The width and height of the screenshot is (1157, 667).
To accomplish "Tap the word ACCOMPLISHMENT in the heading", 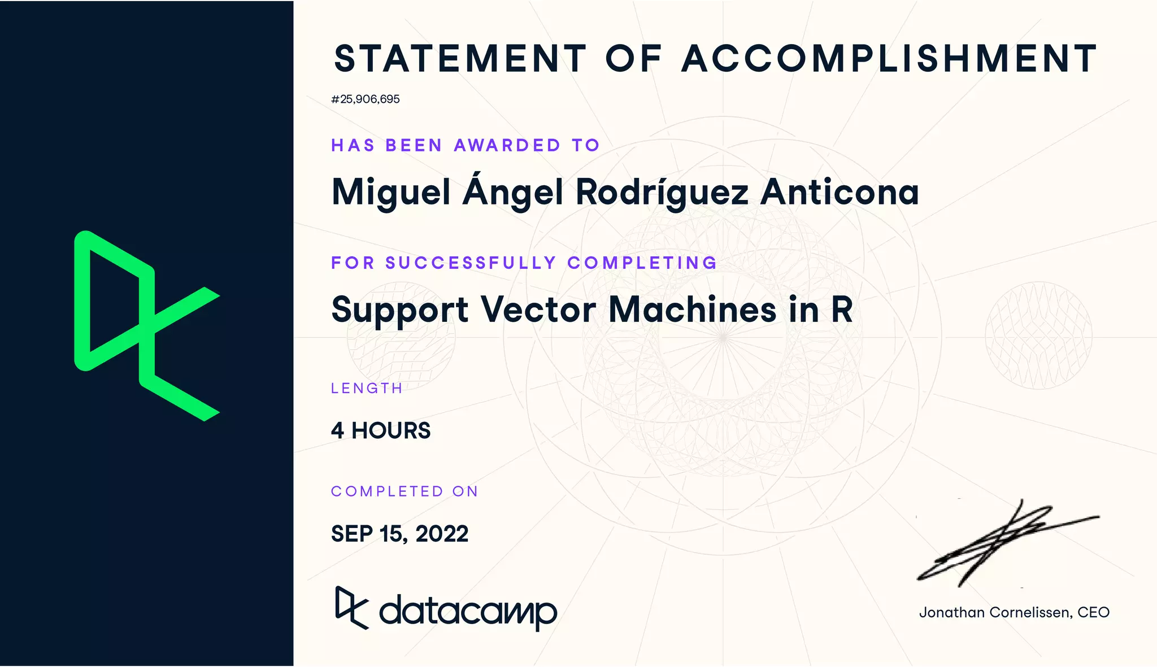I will click(x=889, y=59).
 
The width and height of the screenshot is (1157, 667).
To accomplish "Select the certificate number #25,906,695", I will click(x=366, y=99).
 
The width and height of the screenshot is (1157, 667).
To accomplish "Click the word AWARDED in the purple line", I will click(x=507, y=146).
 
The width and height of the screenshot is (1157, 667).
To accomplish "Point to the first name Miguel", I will click(x=391, y=192).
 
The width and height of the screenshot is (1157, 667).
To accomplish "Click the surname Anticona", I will click(x=840, y=192).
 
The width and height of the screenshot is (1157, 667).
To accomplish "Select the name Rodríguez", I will click(x=662, y=192).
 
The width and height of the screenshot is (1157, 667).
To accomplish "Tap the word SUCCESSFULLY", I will click(x=471, y=263).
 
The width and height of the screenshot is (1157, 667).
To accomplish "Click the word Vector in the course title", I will click(x=538, y=309).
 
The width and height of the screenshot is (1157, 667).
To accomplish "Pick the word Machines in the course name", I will click(x=693, y=309).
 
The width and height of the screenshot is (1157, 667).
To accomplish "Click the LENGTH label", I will click(x=367, y=389).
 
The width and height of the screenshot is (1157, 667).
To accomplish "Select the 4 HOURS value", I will click(x=381, y=431).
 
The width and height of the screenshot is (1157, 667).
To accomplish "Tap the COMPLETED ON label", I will click(x=404, y=492).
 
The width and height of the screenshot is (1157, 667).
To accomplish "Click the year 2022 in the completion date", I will click(x=442, y=534).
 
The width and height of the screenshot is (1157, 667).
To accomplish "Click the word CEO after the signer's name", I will click(x=1093, y=613).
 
